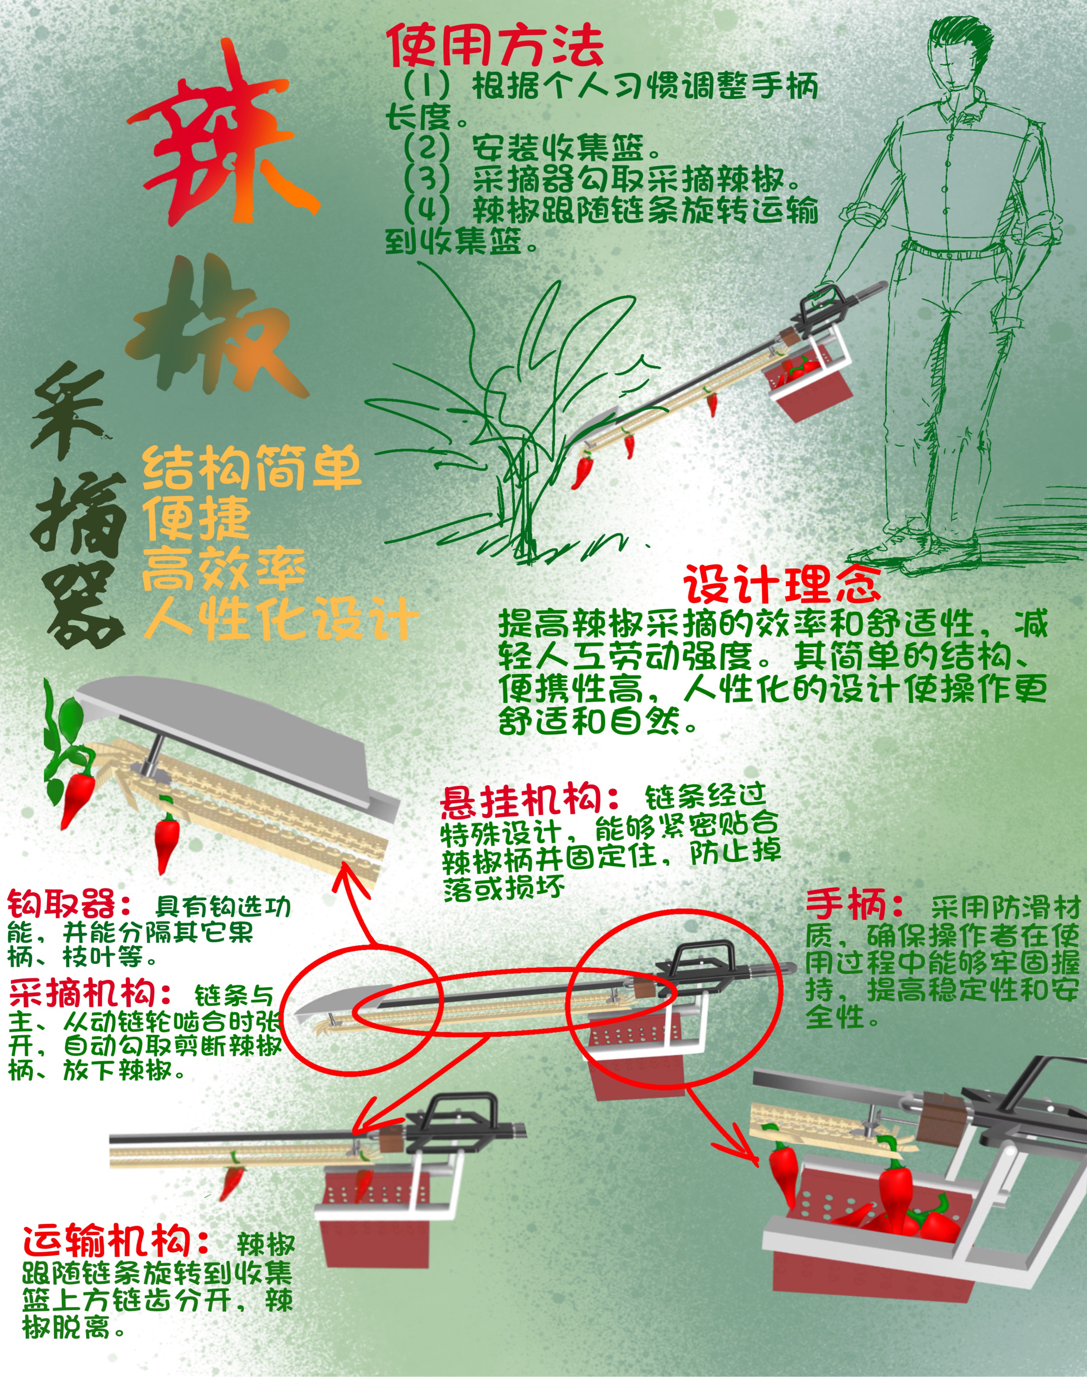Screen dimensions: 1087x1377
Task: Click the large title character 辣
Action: point(223,137)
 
